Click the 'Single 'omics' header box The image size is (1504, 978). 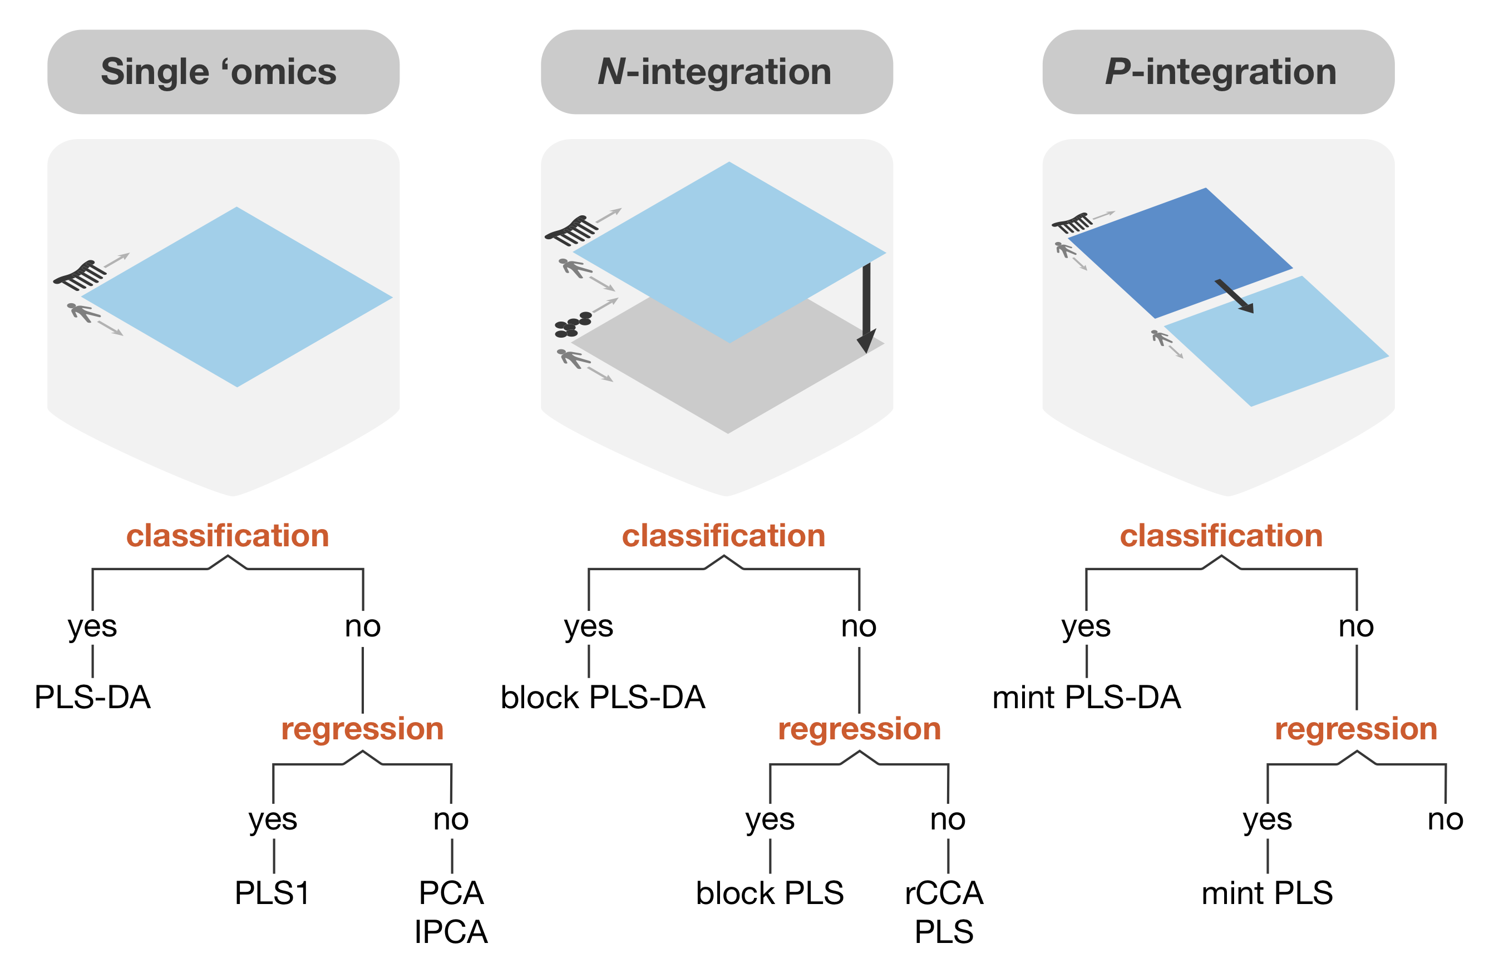[x=223, y=71]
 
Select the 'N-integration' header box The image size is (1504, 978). [x=716, y=71]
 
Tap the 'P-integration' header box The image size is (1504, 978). [x=1218, y=71]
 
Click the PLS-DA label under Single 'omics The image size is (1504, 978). [x=92, y=698]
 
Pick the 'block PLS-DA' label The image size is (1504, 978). [x=602, y=698]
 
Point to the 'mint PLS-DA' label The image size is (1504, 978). [x=1086, y=698]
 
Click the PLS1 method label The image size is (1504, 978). [x=272, y=893]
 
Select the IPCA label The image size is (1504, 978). [x=451, y=932]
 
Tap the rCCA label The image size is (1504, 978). [x=944, y=893]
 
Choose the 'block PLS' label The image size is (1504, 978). [x=770, y=893]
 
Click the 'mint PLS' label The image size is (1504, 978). [x=1267, y=893]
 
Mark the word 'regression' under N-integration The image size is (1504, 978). [x=860, y=729]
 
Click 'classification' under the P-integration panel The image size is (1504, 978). [x=1221, y=536]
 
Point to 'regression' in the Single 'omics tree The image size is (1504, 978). [x=362, y=729]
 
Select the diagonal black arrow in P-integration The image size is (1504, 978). [x=1234, y=295]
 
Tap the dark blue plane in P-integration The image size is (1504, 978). [x=1175, y=253]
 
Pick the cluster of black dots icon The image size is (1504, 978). [x=572, y=324]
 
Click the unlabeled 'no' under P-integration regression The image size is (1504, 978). [x=1445, y=820]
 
